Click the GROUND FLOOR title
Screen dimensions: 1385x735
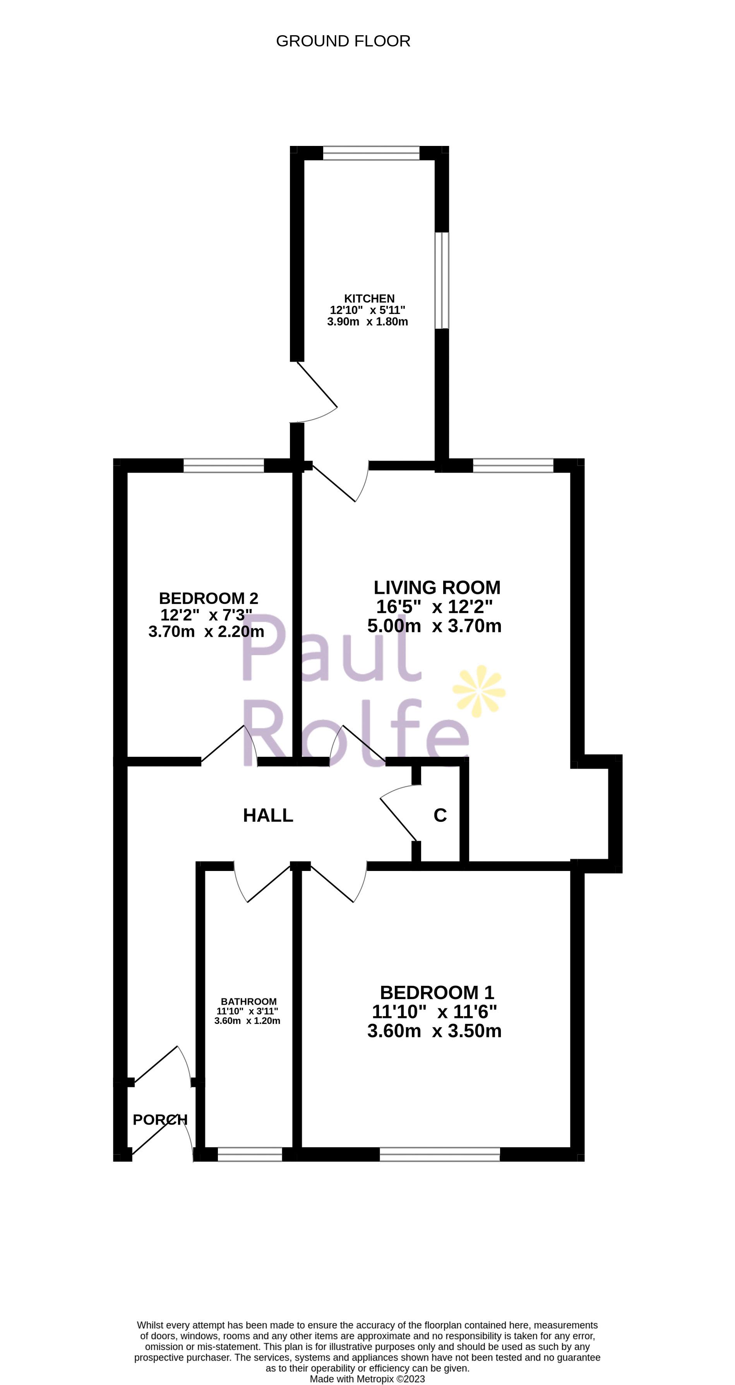coord(343,41)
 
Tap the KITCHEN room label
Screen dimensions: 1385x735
coord(369,298)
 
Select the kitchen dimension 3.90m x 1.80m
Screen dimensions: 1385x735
coord(367,322)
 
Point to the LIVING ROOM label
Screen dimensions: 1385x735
coord(437,587)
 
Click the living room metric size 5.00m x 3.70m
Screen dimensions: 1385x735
coord(434,626)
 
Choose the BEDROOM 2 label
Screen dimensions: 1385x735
coord(208,598)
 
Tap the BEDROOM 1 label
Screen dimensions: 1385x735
coord(437,992)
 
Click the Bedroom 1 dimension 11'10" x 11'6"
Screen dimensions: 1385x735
coord(434,1011)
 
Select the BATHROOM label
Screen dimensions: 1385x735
coord(248,1001)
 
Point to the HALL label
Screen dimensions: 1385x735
coord(268,816)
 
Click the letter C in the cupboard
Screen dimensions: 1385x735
coord(440,816)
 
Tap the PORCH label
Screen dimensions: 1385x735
coord(160,1119)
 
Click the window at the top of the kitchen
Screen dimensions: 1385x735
coord(371,153)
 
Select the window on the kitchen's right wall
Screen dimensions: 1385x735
coord(442,280)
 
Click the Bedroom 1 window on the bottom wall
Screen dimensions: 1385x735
coord(440,1154)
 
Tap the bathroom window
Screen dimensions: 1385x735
coord(250,1154)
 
